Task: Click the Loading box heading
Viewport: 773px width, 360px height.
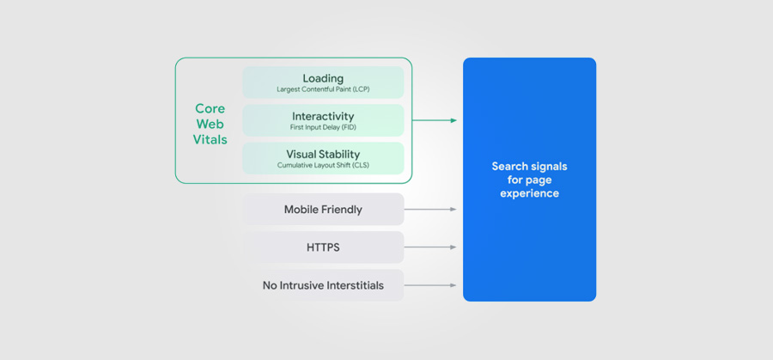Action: [x=323, y=78]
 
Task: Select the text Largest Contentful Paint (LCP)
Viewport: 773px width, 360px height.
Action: [x=323, y=89]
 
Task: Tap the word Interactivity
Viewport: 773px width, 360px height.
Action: [x=323, y=116]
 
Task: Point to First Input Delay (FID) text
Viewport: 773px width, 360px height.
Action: [x=323, y=127]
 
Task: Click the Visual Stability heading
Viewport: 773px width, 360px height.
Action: [x=323, y=155]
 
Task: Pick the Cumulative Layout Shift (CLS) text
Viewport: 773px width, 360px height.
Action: [x=323, y=165]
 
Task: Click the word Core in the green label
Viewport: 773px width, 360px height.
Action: [x=210, y=108]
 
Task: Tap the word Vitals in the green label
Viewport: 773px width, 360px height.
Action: [x=210, y=139]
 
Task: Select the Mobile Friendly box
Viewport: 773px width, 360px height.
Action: [x=323, y=209]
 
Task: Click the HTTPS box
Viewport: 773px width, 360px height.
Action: [x=323, y=247]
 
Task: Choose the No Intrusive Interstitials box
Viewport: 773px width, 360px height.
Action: [x=323, y=285]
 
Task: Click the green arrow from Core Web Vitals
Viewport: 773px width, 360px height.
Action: [x=435, y=120]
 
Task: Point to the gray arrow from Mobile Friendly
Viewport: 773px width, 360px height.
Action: [x=430, y=210]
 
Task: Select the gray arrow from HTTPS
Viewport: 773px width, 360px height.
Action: [x=430, y=247]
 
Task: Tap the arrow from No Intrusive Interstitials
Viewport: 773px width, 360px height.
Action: [x=430, y=285]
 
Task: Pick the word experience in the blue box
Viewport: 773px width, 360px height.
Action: [x=529, y=193]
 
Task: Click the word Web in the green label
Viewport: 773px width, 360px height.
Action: [x=210, y=124]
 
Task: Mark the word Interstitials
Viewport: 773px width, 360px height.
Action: [x=352, y=285]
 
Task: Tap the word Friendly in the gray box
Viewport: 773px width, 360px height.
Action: [x=342, y=210]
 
